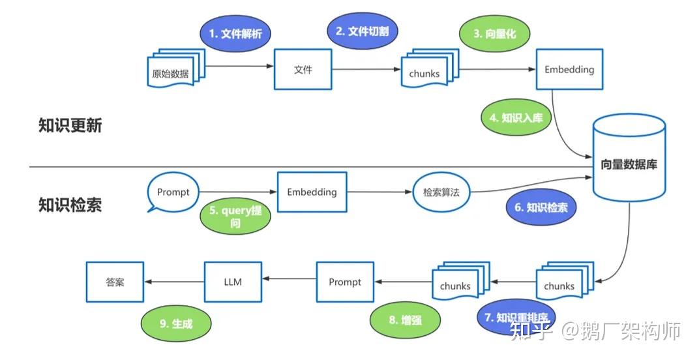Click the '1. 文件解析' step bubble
tap(235, 33)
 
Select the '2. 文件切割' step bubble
tap(363, 31)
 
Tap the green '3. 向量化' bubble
tap(496, 33)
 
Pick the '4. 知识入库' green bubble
tap(516, 117)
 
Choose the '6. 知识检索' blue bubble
tap(541, 208)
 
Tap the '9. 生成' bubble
tap(177, 323)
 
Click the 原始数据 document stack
tap(172, 70)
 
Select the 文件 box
tap(303, 69)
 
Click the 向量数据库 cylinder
tap(629, 163)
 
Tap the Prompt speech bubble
tap(173, 192)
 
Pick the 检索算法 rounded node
tap(441, 192)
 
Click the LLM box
tap(233, 282)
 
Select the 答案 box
tap(115, 282)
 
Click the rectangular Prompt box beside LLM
tap(345, 282)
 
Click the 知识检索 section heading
tap(70, 205)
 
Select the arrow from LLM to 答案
tap(174, 282)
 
